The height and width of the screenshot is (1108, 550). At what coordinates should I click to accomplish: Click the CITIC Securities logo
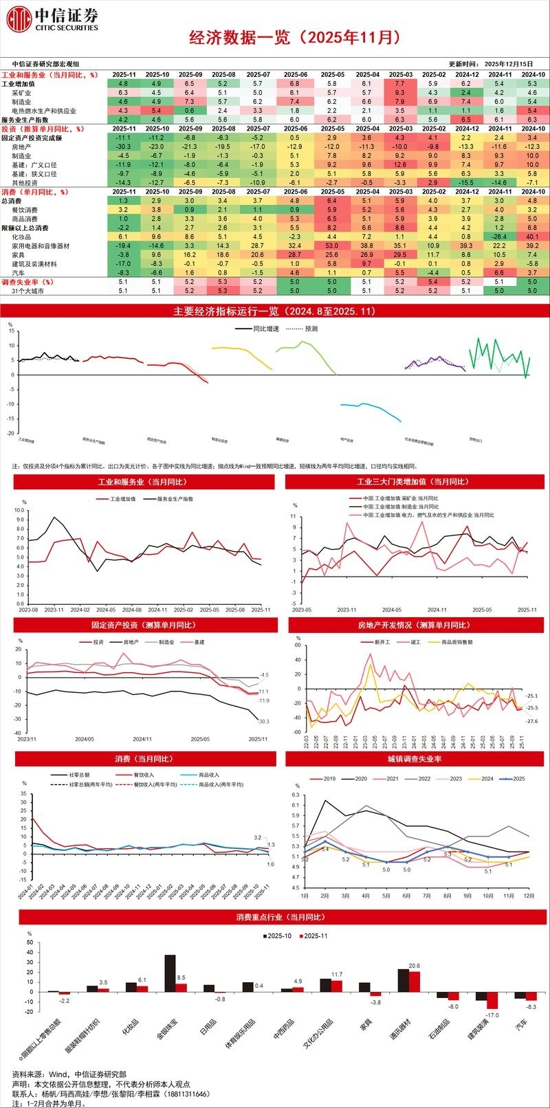(52, 20)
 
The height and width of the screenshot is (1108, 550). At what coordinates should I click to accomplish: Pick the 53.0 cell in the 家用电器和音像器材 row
(331, 245)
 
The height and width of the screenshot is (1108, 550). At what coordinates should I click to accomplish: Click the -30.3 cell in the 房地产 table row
(124, 147)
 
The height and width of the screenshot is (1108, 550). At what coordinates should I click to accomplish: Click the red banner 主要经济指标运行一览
(275, 311)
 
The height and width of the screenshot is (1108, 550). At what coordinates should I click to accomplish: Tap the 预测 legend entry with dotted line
(302, 329)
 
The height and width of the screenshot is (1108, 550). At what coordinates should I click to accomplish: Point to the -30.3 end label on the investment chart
(263, 721)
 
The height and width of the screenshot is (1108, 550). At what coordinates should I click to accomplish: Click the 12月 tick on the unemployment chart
(529, 896)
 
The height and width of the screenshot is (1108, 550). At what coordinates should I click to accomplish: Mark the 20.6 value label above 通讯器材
(414, 966)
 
